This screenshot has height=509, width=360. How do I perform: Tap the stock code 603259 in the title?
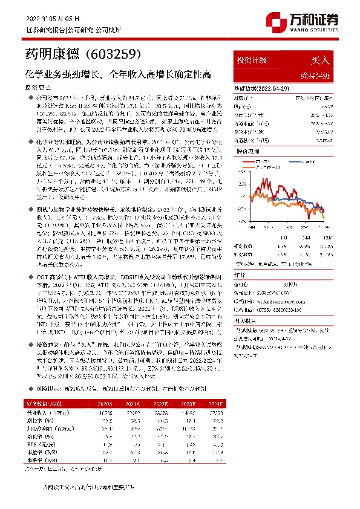coord(118,56)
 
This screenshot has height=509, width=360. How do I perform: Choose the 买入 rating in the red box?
coord(319,61)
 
